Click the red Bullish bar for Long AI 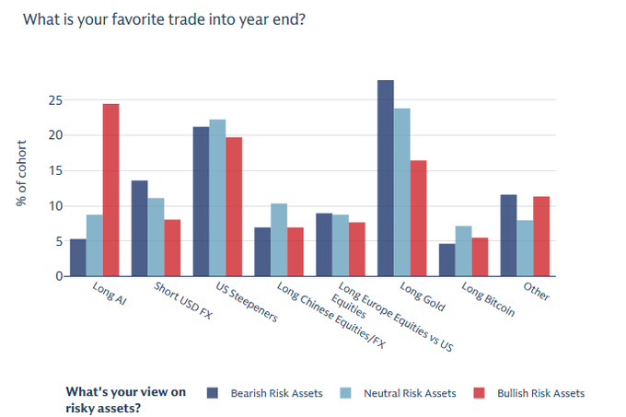110,191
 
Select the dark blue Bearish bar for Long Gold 386,179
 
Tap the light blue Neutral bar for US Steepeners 217,198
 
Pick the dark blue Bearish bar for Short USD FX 140,228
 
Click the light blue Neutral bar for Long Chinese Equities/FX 279,240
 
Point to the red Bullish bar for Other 540,237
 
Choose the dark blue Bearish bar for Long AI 78,258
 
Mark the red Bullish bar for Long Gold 417,218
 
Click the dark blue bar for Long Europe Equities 324,245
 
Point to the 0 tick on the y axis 58,276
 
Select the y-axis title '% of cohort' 22,172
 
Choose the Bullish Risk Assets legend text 540,393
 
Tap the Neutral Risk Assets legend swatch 344,393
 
